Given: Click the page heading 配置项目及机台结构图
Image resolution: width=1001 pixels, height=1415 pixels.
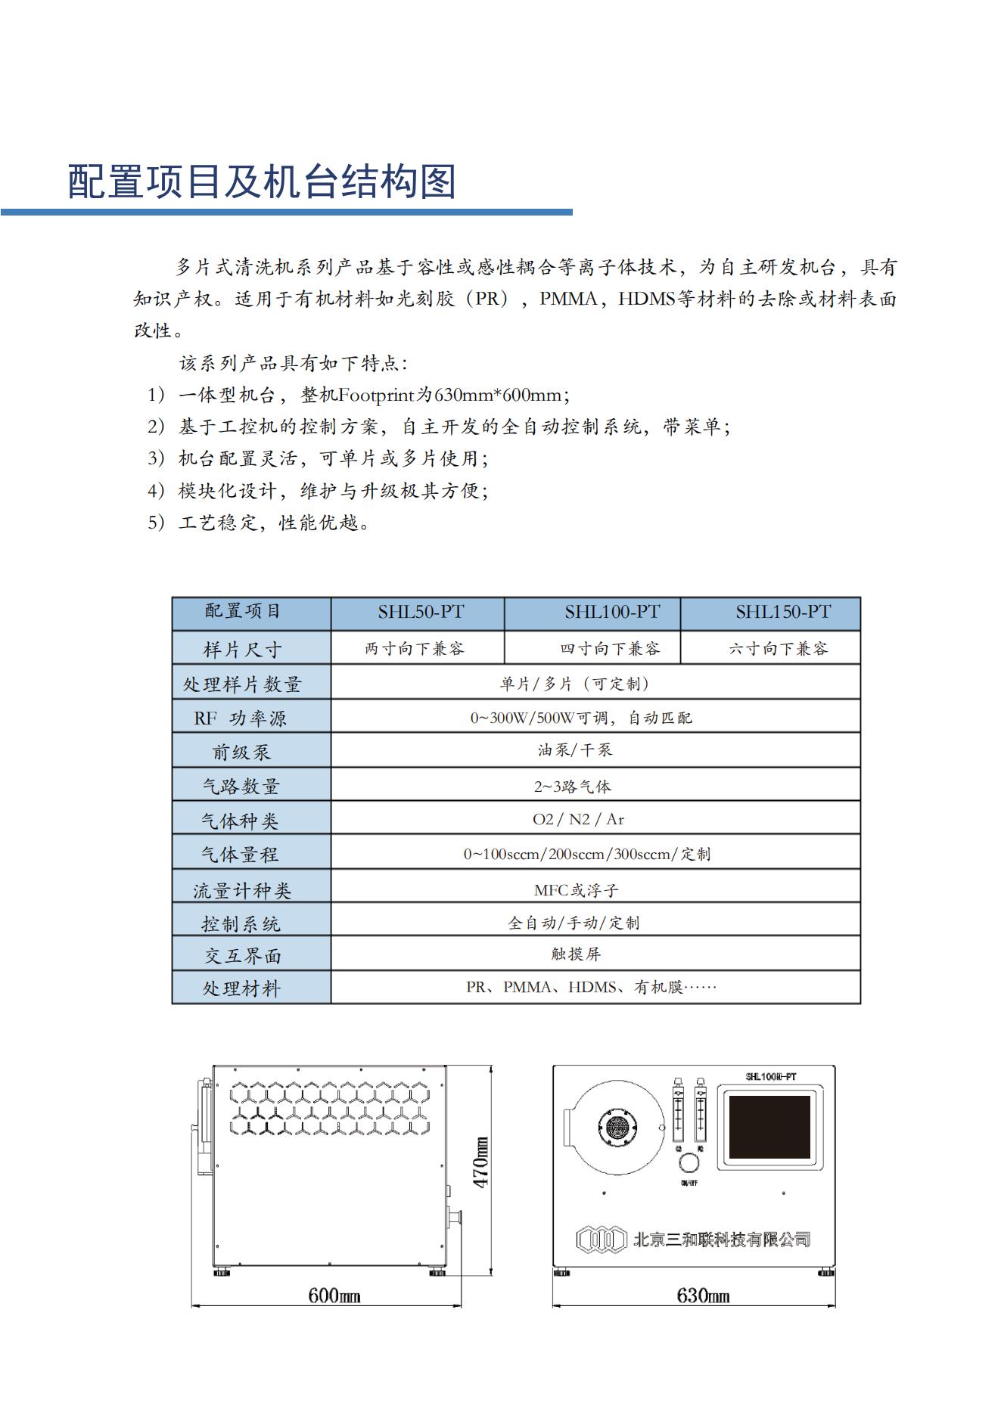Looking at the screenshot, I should [x=262, y=182].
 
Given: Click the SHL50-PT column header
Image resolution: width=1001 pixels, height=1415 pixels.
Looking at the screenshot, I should [x=421, y=613].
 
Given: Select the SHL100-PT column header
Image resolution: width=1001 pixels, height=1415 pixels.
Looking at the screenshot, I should [x=611, y=613].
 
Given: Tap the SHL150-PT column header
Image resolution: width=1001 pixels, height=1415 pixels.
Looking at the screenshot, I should [x=782, y=613].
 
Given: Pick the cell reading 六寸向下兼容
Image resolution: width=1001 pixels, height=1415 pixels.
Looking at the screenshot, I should [x=778, y=648].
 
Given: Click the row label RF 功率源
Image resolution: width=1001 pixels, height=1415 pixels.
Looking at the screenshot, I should [x=240, y=718].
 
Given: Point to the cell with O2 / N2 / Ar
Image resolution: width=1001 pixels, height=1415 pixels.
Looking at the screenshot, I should [x=578, y=819].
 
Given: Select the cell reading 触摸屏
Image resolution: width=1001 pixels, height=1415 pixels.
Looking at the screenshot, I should [x=576, y=954].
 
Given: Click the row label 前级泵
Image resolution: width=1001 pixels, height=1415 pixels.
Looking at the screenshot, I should [x=241, y=752].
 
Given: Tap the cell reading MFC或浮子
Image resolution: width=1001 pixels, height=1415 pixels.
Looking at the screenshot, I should [x=576, y=890].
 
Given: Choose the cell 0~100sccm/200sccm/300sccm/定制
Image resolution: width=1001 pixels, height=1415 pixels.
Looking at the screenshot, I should [x=586, y=854].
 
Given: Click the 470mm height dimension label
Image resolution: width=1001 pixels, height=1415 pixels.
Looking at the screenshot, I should [x=481, y=1162].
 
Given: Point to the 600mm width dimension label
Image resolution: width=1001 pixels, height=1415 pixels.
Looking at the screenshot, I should [x=334, y=1296].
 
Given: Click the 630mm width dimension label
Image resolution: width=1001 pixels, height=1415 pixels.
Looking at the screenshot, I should [x=702, y=1296].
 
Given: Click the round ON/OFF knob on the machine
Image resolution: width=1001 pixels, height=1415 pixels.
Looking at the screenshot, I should [x=689, y=1163].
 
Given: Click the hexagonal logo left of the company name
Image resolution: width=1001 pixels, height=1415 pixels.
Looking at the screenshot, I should [x=602, y=1240].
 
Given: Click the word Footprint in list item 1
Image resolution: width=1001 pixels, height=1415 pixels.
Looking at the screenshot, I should [x=376, y=395].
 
